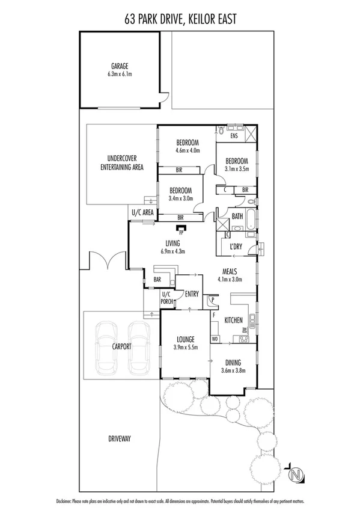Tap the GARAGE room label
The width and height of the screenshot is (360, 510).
pos(120,66)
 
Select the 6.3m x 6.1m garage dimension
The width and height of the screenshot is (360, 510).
pos(120,75)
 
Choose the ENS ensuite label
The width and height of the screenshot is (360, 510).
pos(234,136)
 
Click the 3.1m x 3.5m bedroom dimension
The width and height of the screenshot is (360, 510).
pos(237,170)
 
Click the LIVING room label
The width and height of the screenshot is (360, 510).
pos(174,244)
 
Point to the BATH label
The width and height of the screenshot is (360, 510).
pos(237,217)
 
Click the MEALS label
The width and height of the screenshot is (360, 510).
pos(231,271)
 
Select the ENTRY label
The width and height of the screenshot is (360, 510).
pos(192,293)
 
